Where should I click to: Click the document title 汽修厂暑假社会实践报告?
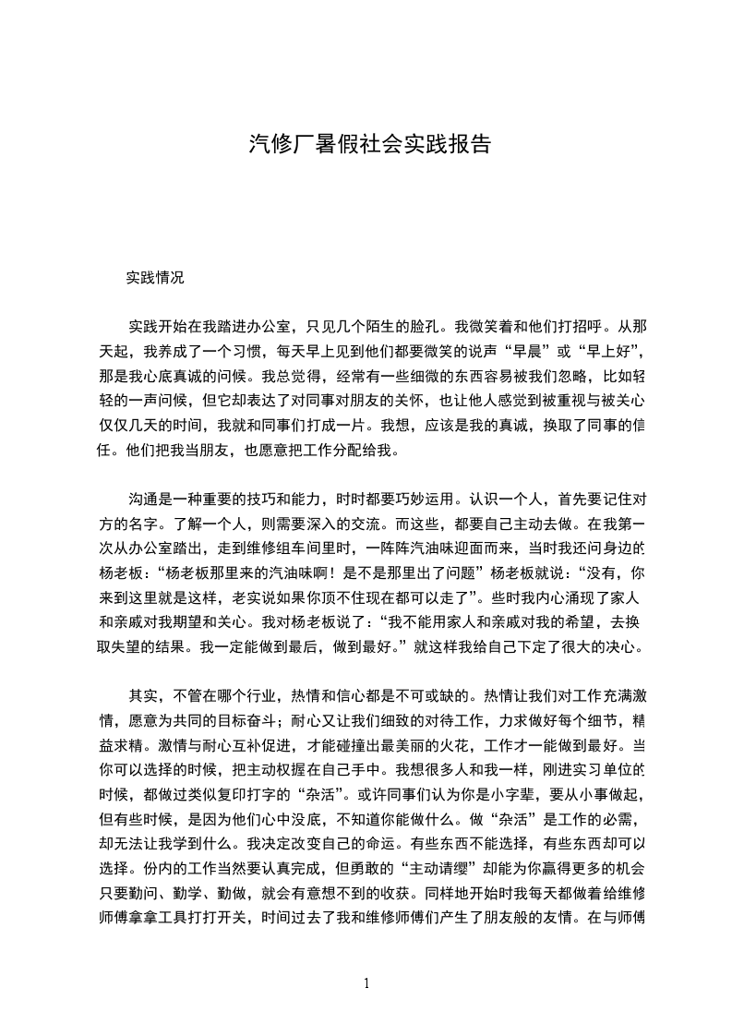369,144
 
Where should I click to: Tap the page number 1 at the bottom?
366,983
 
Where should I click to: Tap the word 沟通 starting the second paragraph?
144,500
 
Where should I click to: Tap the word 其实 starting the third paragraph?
144,695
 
